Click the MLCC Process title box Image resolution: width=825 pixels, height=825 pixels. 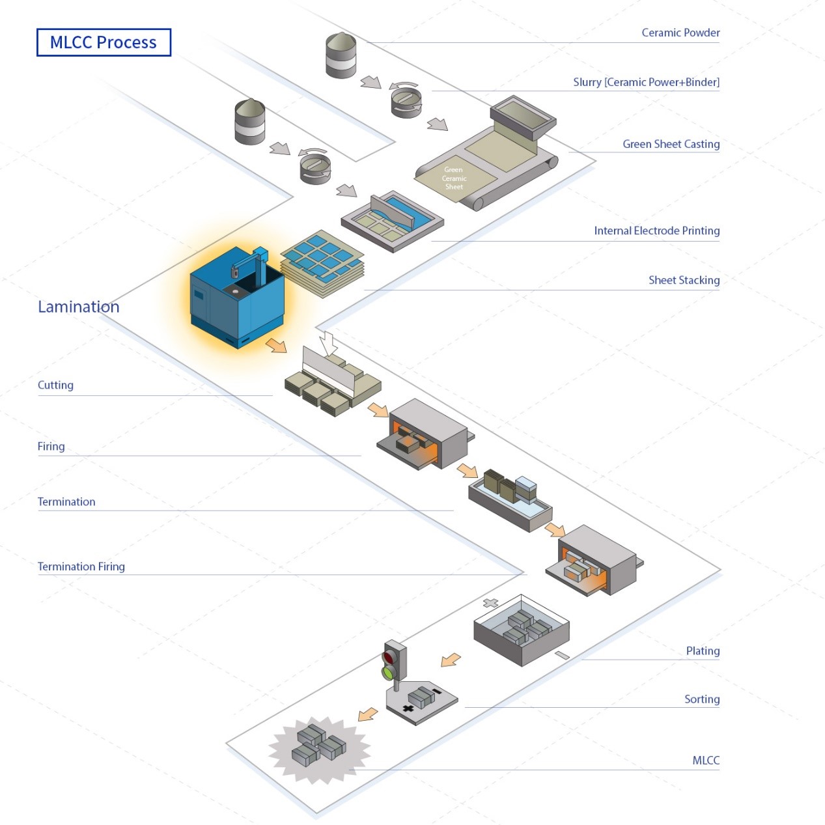tap(104, 42)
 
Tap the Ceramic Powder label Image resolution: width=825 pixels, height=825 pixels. tap(680, 33)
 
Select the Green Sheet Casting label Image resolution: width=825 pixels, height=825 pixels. tap(671, 144)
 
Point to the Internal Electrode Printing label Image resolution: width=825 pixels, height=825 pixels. tap(656, 231)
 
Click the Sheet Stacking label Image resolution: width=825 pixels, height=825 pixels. tap(684, 280)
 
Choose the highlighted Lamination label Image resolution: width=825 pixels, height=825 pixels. tap(79, 307)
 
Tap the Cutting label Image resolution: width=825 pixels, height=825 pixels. tap(55, 385)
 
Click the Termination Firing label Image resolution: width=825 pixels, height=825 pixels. tap(81, 566)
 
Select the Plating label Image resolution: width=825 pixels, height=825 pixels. tap(703, 650)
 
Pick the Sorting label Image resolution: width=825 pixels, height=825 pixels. tap(701, 699)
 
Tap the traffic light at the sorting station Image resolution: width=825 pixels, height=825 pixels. tap(393, 663)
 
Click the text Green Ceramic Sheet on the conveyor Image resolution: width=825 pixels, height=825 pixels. tap(454, 178)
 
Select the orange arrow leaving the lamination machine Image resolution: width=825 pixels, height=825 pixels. tap(277, 345)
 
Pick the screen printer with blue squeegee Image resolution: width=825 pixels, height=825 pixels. tap(393, 221)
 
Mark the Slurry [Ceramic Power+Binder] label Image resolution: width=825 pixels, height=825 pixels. tap(646, 82)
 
